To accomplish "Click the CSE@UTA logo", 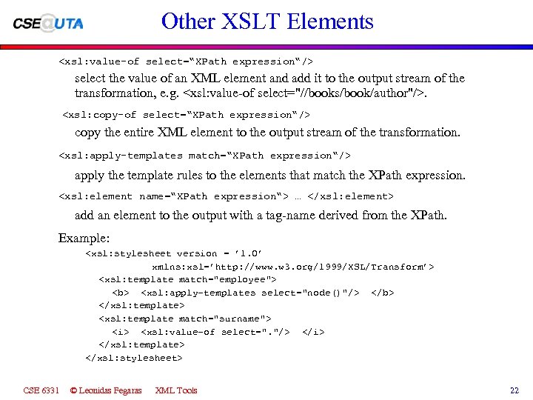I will (48, 23).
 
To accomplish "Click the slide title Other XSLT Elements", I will (267, 21).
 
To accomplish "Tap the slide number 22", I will (514, 390).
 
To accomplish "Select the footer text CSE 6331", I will (41, 390).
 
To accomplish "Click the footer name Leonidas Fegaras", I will (105, 390).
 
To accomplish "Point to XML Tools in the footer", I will (176, 390).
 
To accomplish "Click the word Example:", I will (84, 239).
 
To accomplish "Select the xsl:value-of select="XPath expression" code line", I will (191, 61).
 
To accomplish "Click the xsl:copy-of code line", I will (186, 115).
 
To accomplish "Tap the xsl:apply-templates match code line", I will (204, 156).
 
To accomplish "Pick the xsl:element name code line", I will (226, 196).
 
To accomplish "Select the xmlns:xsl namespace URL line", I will (293, 267).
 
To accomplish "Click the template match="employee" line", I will (187, 279).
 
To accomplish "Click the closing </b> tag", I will (382, 293).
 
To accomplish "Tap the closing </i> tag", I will (313, 332).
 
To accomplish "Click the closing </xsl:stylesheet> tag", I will (133, 358).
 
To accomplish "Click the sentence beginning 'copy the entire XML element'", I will (267, 133).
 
